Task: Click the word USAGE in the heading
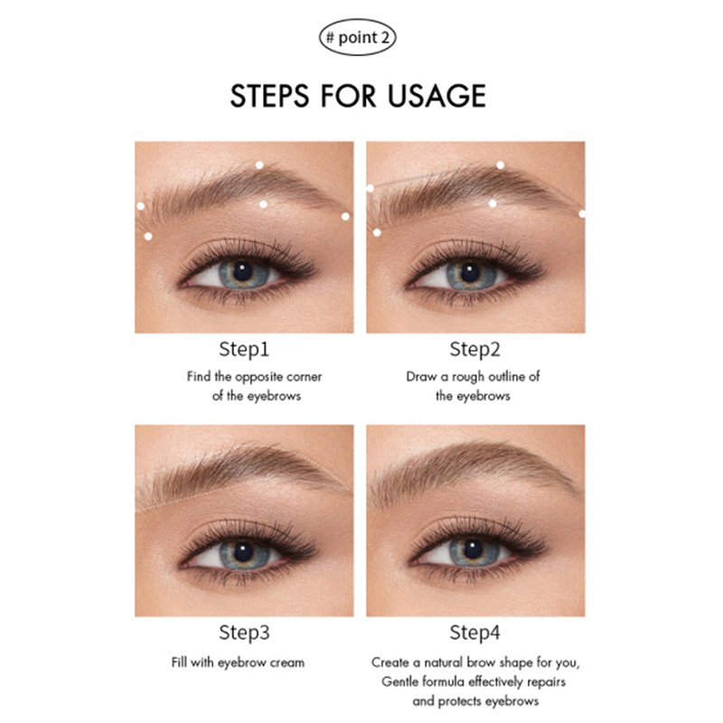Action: coord(437,96)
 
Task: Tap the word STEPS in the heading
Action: coord(269,96)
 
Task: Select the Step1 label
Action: coord(244,350)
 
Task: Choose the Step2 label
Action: coord(475,350)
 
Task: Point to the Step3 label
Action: coord(244,633)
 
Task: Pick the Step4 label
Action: coord(475,633)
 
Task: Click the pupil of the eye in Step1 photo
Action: coord(242,271)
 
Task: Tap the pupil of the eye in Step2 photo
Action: coord(470,272)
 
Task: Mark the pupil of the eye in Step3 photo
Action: coord(243,552)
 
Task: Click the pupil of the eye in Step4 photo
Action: coord(473,549)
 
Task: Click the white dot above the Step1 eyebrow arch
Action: coord(259,165)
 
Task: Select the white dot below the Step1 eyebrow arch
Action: coord(263,204)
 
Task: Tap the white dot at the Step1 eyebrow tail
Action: coord(345,216)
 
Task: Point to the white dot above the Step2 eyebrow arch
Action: coord(501,165)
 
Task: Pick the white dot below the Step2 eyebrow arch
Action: coord(493,203)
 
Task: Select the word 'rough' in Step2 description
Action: coord(468,377)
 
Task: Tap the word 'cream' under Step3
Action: coord(287,662)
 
